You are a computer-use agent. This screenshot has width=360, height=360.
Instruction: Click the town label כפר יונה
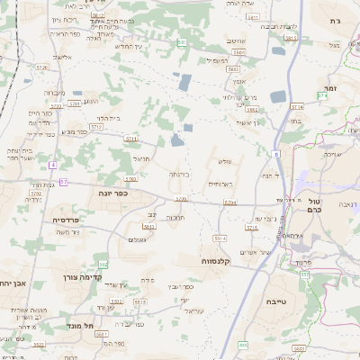pos(113,192)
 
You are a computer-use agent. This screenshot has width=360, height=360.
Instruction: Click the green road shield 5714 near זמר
pos(322,94)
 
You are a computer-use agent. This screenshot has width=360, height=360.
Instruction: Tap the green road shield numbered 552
pos(103,264)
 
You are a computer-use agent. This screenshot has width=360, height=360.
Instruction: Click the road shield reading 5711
pos(131,139)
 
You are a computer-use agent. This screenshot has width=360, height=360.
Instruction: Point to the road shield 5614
pos(220,238)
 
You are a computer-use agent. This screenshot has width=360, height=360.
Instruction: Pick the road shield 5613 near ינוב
pos(148,227)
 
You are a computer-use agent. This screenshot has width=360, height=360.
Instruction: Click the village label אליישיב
pos(61,58)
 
